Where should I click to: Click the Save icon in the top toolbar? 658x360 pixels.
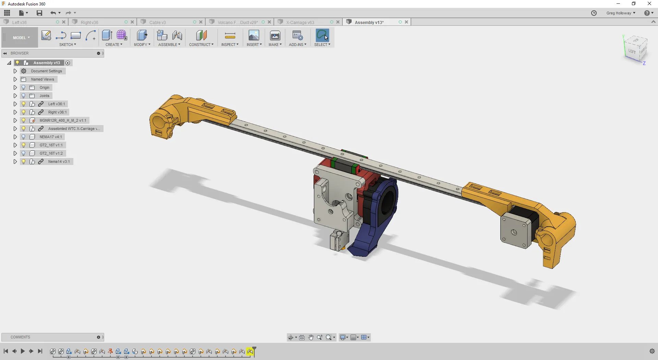pyautogui.click(x=39, y=13)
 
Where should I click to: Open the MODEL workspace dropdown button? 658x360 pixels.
pyautogui.click(x=21, y=38)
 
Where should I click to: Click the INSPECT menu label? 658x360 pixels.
pyautogui.click(x=230, y=45)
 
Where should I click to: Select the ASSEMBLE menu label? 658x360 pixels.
pyautogui.click(x=169, y=45)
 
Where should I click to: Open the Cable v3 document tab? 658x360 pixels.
pyautogui.click(x=158, y=22)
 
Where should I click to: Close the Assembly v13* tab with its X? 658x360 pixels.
pyautogui.click(x=406, y=22)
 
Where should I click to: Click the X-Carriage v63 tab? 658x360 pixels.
pyautogui.click(x=300, y=22)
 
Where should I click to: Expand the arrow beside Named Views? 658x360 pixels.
pyautogui.click(x=15, y=79)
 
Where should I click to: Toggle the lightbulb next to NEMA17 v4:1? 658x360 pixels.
pyautogui.click(x=24, y=137)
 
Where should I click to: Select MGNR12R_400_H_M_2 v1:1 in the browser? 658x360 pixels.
pyautogui.click(x=63, y=120)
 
